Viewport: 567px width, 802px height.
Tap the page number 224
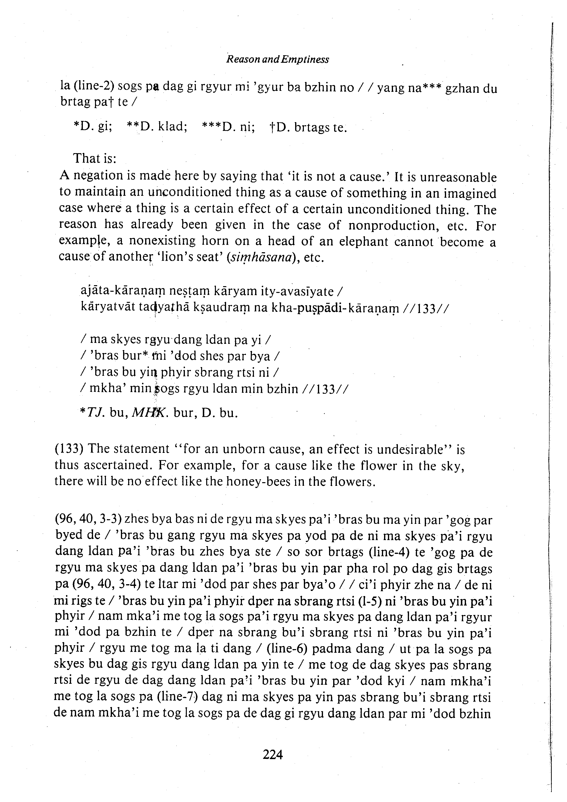point(273,755)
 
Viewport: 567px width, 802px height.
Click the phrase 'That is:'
point(94,159)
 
